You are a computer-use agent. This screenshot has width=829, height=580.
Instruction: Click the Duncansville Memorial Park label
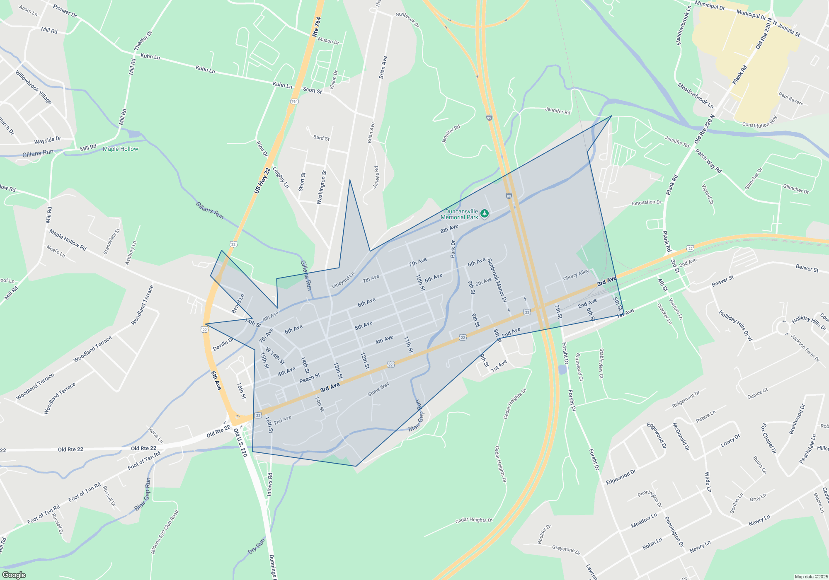[459, 214]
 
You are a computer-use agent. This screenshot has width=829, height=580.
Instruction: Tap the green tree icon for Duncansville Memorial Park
[484, 213]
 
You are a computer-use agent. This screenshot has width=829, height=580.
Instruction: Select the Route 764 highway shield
[294, 101]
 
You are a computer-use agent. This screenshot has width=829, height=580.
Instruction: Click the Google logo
[14, 575]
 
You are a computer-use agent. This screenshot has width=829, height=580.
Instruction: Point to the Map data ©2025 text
[811, 577]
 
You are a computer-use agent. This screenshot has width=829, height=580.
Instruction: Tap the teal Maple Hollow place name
[120, 149]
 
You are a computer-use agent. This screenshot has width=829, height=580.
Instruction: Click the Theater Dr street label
[143, 41]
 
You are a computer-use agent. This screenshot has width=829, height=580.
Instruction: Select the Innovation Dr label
[646, 203]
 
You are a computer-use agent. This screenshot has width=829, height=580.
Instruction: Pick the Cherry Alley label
[576, 275]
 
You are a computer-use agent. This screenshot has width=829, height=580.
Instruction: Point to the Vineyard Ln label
[343, 280]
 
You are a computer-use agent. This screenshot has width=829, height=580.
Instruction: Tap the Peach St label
[310, 378]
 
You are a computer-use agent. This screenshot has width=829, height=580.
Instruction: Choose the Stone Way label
[378, 389]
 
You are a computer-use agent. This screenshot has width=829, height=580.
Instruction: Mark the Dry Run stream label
[257, 546]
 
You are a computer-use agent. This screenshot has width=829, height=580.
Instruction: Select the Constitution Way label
[760, 122]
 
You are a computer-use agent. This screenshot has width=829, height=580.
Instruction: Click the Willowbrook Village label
[34, 87]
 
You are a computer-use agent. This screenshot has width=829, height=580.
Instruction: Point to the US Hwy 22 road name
[262, 181]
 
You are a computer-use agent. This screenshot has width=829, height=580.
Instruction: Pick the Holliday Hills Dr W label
[735, 326]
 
